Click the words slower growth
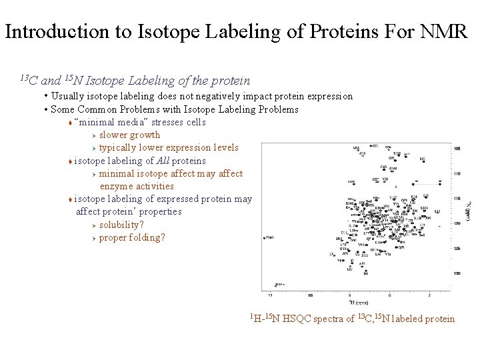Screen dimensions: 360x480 129,135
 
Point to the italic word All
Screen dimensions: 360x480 163,161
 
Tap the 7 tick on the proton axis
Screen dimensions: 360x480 429,294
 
